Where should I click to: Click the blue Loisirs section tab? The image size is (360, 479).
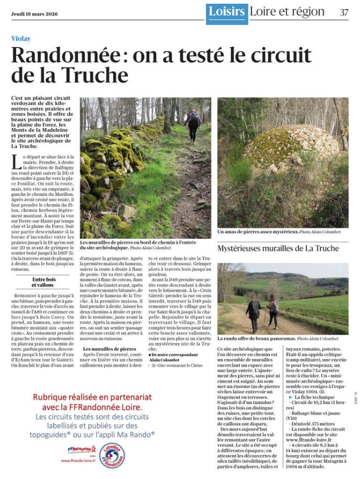coord(227,12)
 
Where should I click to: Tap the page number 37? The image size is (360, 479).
coord(343,12)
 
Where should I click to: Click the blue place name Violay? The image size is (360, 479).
coord(21,39)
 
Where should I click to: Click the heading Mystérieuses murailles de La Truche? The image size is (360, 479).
coord(278,248)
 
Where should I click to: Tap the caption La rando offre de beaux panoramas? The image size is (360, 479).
coord(256,339)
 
